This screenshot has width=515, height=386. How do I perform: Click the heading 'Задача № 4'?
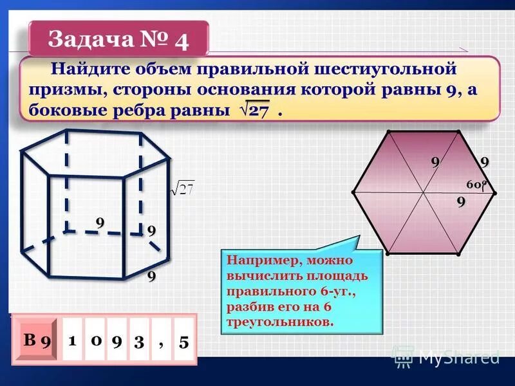[118, 40]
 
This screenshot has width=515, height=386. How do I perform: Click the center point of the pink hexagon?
[423, 192]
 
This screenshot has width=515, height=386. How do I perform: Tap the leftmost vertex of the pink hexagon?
[353, 192]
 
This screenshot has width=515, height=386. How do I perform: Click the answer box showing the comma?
[161, 342]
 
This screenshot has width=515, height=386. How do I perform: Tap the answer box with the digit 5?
[184, 342]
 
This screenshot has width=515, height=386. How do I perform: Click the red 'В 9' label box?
[37, 340]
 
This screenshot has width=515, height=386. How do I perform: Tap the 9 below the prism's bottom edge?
[151, 277]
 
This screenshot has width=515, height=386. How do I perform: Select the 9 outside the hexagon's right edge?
[483, 162]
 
